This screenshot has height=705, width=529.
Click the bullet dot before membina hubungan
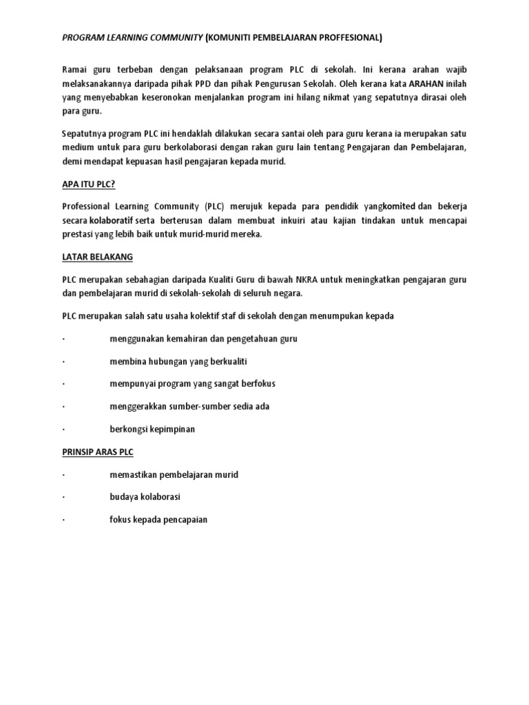[x=63, y=361]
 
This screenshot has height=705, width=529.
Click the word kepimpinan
[x=172, y=429]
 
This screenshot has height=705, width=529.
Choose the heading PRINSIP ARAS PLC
[x=98, y=452]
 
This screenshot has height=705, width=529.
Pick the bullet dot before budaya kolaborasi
[x=63, y=497]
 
